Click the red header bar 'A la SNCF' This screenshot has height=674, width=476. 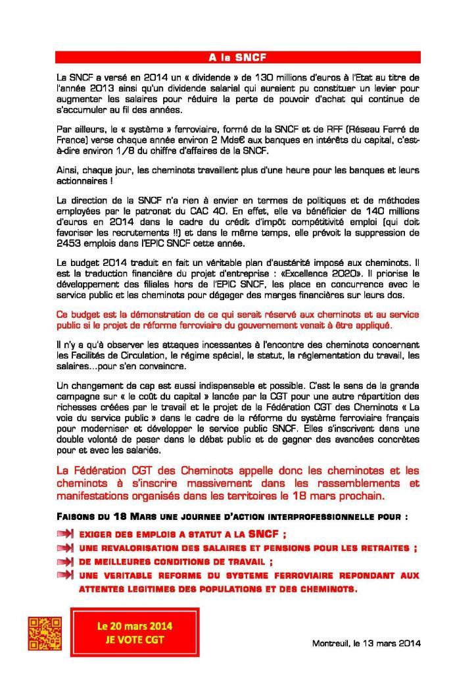point(237,57)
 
